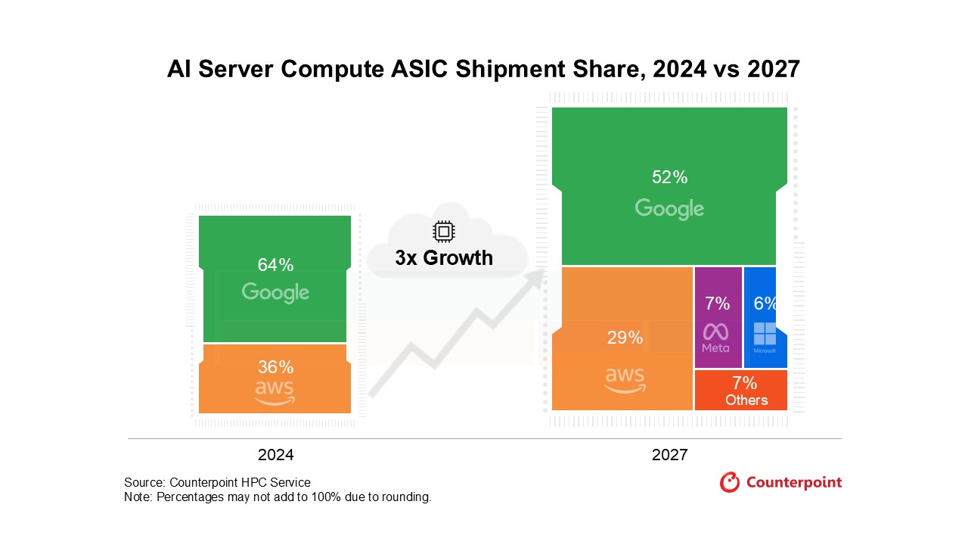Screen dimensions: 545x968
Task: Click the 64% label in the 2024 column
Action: coord(275,265)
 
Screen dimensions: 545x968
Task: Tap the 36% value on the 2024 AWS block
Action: coord(275,367)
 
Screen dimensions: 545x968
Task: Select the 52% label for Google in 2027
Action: coord(669,177)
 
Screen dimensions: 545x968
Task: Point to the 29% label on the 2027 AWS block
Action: coord(625,338)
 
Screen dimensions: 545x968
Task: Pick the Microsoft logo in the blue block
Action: coord(765,335)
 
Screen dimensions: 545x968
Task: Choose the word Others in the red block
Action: coord(746,400)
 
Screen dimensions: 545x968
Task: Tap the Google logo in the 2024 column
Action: coord(275,292)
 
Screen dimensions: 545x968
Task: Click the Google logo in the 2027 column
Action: coord(669,208)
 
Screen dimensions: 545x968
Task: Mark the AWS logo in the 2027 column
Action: coord(625,379)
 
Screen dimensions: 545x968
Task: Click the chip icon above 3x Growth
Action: coord(443,232)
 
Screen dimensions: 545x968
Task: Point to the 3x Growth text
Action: coord(444,258)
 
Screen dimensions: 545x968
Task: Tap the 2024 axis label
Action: coord(275,455)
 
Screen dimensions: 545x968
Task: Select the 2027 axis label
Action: coord(669,455)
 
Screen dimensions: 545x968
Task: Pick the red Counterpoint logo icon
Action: coord(729,482)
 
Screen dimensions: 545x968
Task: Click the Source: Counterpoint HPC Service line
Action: coord(217,482)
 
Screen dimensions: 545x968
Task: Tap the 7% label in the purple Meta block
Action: coord(717,304)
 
